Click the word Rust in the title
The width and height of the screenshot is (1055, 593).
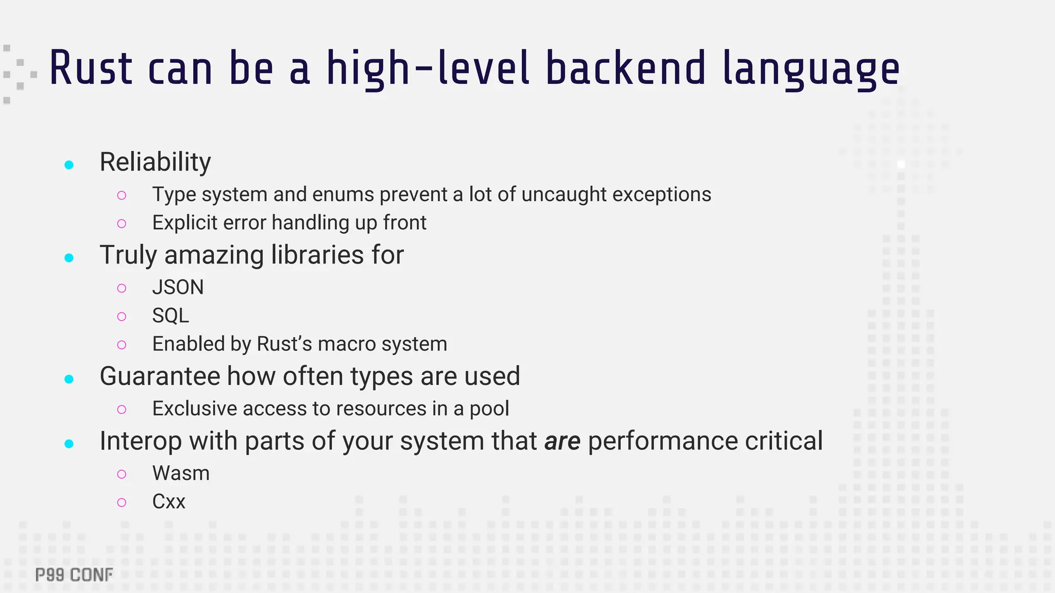coord(91,68)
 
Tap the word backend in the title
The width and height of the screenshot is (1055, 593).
coord(625,68)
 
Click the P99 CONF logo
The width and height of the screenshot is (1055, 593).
coord(74,575)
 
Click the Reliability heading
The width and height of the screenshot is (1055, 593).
coord(155,162)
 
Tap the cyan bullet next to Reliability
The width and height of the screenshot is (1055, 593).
coord(69,165)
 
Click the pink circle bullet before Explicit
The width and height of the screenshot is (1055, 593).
coord(122,223)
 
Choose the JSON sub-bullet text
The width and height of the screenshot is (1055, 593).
coord(178,287)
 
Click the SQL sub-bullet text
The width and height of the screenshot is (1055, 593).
coord(171,316)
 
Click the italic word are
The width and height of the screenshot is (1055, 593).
coord(562,441)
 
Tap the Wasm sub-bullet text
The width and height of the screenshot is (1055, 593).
coord(181,473)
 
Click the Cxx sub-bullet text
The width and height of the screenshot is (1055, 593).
coord(168,501)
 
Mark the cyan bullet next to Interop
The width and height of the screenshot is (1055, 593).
coord(69,444)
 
